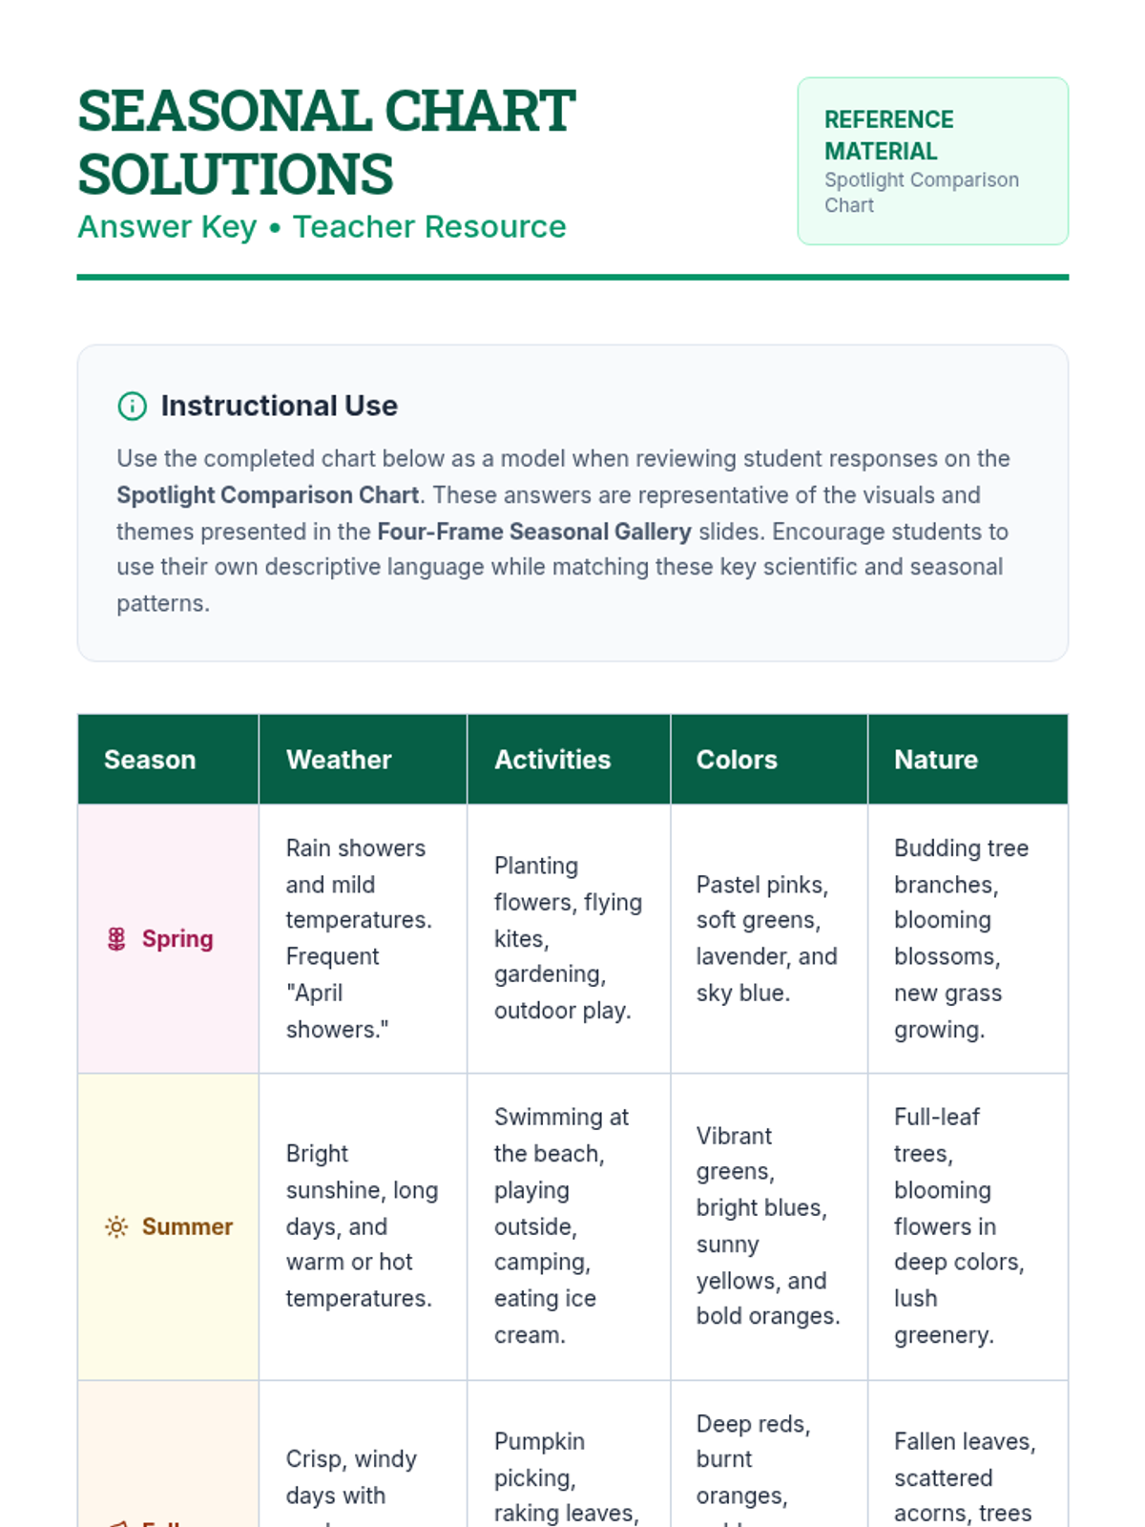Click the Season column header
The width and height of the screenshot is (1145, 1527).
tap(150, 760)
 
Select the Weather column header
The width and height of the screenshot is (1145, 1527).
tap(339, 760)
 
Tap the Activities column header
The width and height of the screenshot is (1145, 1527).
tap(552, 760)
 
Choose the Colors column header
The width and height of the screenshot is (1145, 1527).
tap(737, 760)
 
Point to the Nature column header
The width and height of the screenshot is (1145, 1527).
tap(936, 760)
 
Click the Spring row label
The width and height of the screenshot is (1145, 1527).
tap(177, 939)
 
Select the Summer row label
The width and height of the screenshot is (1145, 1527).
tap(187, 1226)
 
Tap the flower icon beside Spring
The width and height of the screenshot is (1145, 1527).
tap(116, 939)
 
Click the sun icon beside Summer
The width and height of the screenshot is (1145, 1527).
tap(116, 1226)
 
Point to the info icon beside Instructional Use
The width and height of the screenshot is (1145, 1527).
tap(132, 406)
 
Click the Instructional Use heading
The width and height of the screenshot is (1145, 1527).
tap(279, 406)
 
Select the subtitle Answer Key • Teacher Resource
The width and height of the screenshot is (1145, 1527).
tap(322, 227)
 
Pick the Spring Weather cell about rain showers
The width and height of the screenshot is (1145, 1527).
tap(358, 939)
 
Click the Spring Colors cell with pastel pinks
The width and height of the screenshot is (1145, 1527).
tap(766, 939)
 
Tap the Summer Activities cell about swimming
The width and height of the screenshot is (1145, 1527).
tap(562, 1226)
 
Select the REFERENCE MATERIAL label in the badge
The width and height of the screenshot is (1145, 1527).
tap(888, 136)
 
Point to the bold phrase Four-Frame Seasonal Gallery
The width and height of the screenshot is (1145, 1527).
tap(534, 532)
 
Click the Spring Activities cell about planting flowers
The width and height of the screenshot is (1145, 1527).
tap(567, 939)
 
